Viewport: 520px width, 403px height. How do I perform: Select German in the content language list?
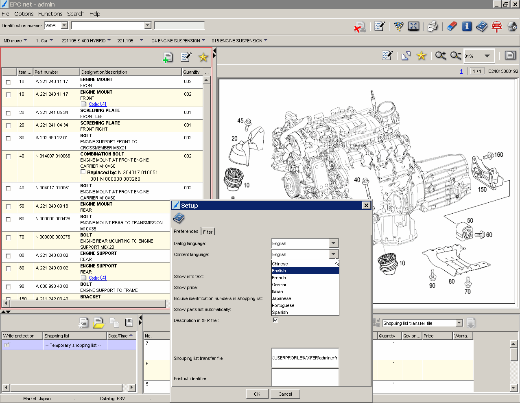pos(280,285)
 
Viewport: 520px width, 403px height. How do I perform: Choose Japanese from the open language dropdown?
pos(282,298)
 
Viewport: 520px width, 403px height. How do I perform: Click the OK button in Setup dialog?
pos(257,394)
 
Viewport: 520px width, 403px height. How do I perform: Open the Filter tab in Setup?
pos(208,232)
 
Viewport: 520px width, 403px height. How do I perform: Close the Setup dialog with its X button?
pos(366,205)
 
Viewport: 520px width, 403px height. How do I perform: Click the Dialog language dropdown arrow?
pos(333,243)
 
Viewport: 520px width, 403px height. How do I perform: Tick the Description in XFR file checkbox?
pos(275,320)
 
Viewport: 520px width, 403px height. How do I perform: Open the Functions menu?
pos(50,14)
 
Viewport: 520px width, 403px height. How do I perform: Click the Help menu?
pos(95,14)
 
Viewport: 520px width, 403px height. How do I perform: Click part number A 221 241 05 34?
pos(52,112)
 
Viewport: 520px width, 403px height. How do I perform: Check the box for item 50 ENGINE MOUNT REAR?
pos(8,206)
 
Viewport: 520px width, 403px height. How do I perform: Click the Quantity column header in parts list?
pos(191,72)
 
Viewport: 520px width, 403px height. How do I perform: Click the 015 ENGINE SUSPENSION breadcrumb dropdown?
pos(239,41)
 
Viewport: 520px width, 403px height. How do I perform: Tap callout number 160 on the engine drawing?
pos(498,155)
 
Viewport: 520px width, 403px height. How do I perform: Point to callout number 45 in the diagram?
pos(240,120)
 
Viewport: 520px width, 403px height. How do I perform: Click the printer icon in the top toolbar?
pos(432,26)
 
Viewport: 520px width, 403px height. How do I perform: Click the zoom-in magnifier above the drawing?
pos(440,55)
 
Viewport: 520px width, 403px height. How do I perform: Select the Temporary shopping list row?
pos(73,345)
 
